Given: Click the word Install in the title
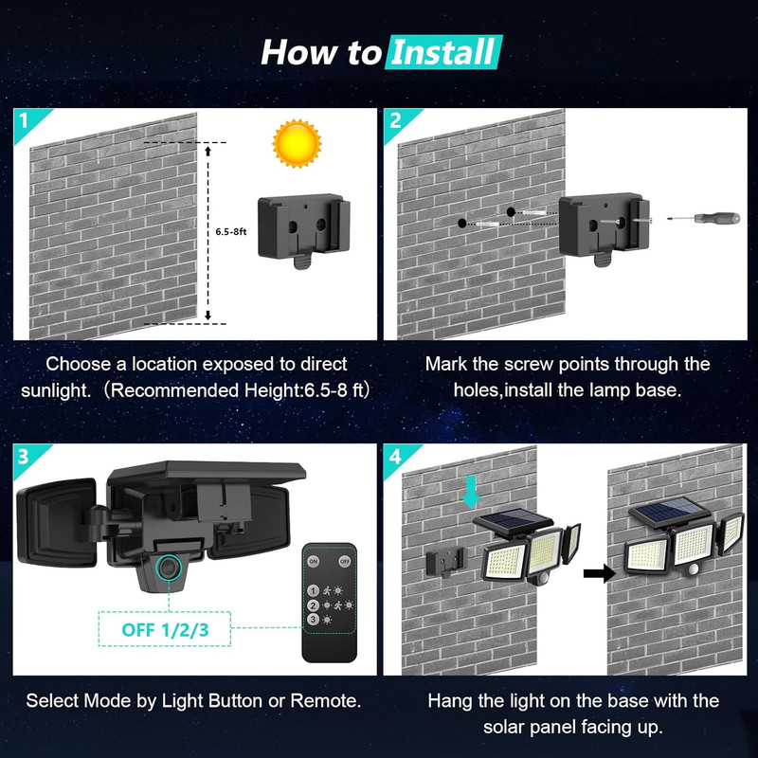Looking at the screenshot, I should [x=443, y=51].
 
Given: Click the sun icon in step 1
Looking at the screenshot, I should [x=296, y=145].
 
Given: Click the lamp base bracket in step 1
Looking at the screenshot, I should [x=305, y=228].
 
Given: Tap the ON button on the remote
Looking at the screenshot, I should [x=315, y=561].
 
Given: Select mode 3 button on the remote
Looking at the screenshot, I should [x=313, y=619].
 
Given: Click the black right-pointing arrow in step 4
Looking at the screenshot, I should [x=595, y=572].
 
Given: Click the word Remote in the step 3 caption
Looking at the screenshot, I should [x=328, y=701].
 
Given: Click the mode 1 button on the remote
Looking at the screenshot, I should [x=313, y=588].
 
